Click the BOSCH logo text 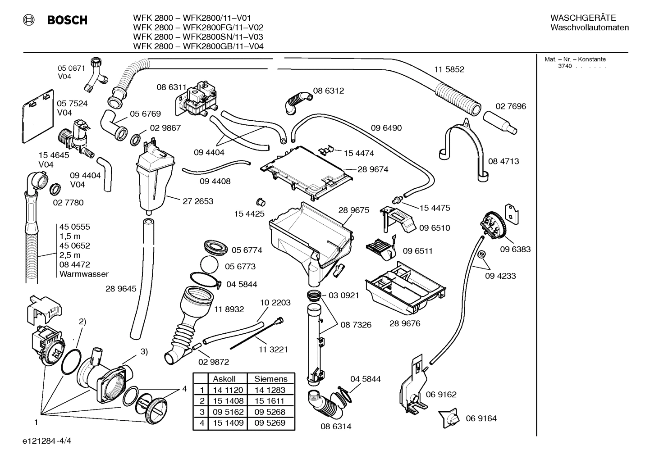(x=67, y=20)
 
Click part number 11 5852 (x=449, y=69)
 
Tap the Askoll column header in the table (x=224, y=379)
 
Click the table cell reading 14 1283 (x=270, y=390)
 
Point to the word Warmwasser (x=84, y=274)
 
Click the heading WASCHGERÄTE (x=583, y=18)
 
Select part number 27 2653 (x=198, y=201)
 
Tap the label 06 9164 (x=481, y=418)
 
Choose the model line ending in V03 (x=198, y=37)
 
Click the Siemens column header (x=270, y=379)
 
